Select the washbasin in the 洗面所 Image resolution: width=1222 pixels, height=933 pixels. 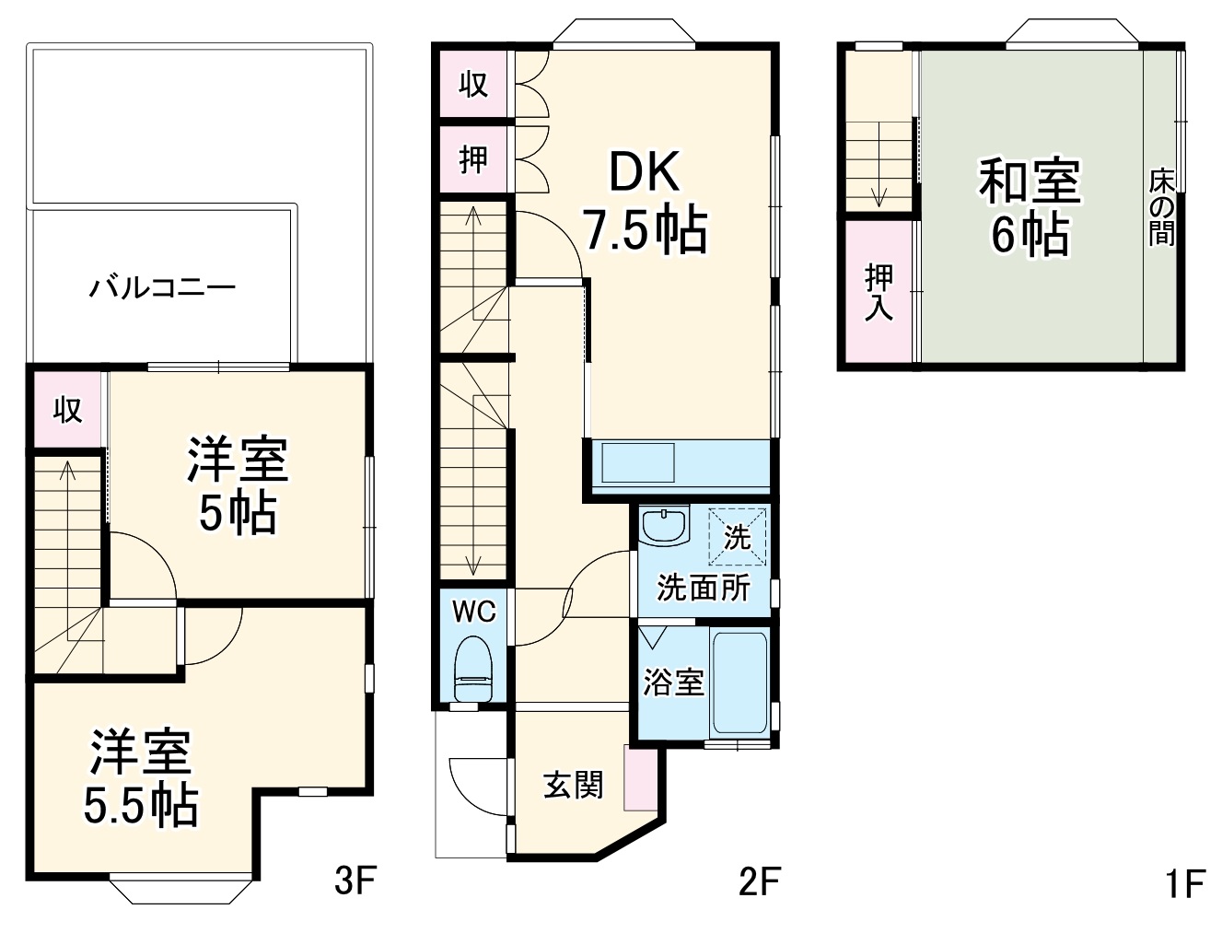click(x=664, y=527)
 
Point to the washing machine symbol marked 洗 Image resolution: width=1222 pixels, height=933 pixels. click(x=737, y=536)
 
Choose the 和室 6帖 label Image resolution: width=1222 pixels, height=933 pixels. click(x=1030, y=206)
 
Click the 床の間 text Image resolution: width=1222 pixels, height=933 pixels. click(x=1161, y=207)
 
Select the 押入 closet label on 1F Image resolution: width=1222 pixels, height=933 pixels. click(x=879, y=292)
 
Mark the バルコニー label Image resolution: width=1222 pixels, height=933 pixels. click(x=162, y=287)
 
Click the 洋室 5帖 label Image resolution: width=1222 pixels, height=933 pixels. click(x=238, y=486)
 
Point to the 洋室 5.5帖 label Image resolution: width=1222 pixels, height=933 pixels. click(x=141, y=778)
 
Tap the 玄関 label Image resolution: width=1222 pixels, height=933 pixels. click(x=573, y=786)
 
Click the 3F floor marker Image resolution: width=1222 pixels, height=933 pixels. click(x=355, y=882)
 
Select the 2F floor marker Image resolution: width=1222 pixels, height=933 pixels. click(x=759, y=882)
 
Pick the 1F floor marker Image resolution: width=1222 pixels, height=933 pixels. click(x=1184, y=885)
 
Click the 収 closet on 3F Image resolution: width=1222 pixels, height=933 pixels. click(x=67, y=409)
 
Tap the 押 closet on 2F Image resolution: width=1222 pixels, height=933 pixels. click(x=473, y=160)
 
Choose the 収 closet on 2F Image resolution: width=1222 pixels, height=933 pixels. click(x=473, y=85)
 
